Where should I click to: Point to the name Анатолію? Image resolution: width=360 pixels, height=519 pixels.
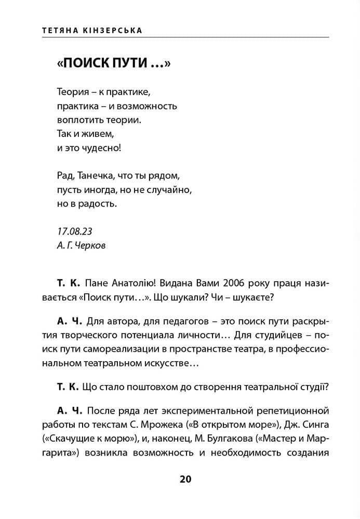[129, 284]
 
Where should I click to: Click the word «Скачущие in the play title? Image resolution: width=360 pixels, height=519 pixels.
[76, 439]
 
